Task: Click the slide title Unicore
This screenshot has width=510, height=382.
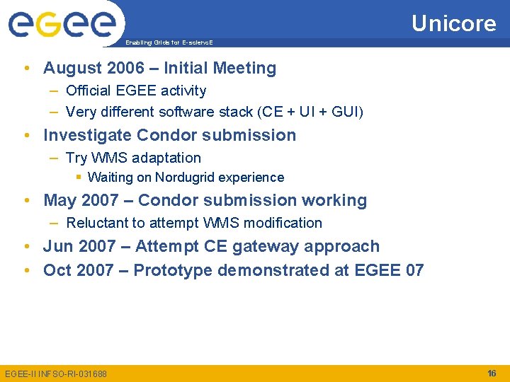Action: [453, 23]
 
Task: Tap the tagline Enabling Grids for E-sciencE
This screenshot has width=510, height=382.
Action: [169, 42]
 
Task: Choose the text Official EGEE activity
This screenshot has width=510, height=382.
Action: [136, 91]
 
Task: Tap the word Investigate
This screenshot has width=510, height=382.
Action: [87, 135]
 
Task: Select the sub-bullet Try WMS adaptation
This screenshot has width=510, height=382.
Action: [133, 158]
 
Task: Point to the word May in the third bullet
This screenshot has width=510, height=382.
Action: [59, 201]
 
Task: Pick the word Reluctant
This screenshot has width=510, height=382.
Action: [96, 223]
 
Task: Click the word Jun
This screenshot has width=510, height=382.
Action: [57, 247]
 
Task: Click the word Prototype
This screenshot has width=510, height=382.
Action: [173, 270]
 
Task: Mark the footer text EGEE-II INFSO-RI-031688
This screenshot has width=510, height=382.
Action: [56, 374]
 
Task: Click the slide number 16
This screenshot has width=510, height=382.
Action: [492, 373]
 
